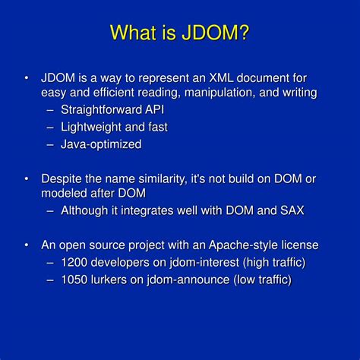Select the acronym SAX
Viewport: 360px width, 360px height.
(x=290, y=210)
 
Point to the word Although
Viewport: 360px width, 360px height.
(x=86, y=210)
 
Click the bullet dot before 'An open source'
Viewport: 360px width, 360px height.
(x=27, y=245)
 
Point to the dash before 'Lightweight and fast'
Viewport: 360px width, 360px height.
(x=49, y=127)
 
